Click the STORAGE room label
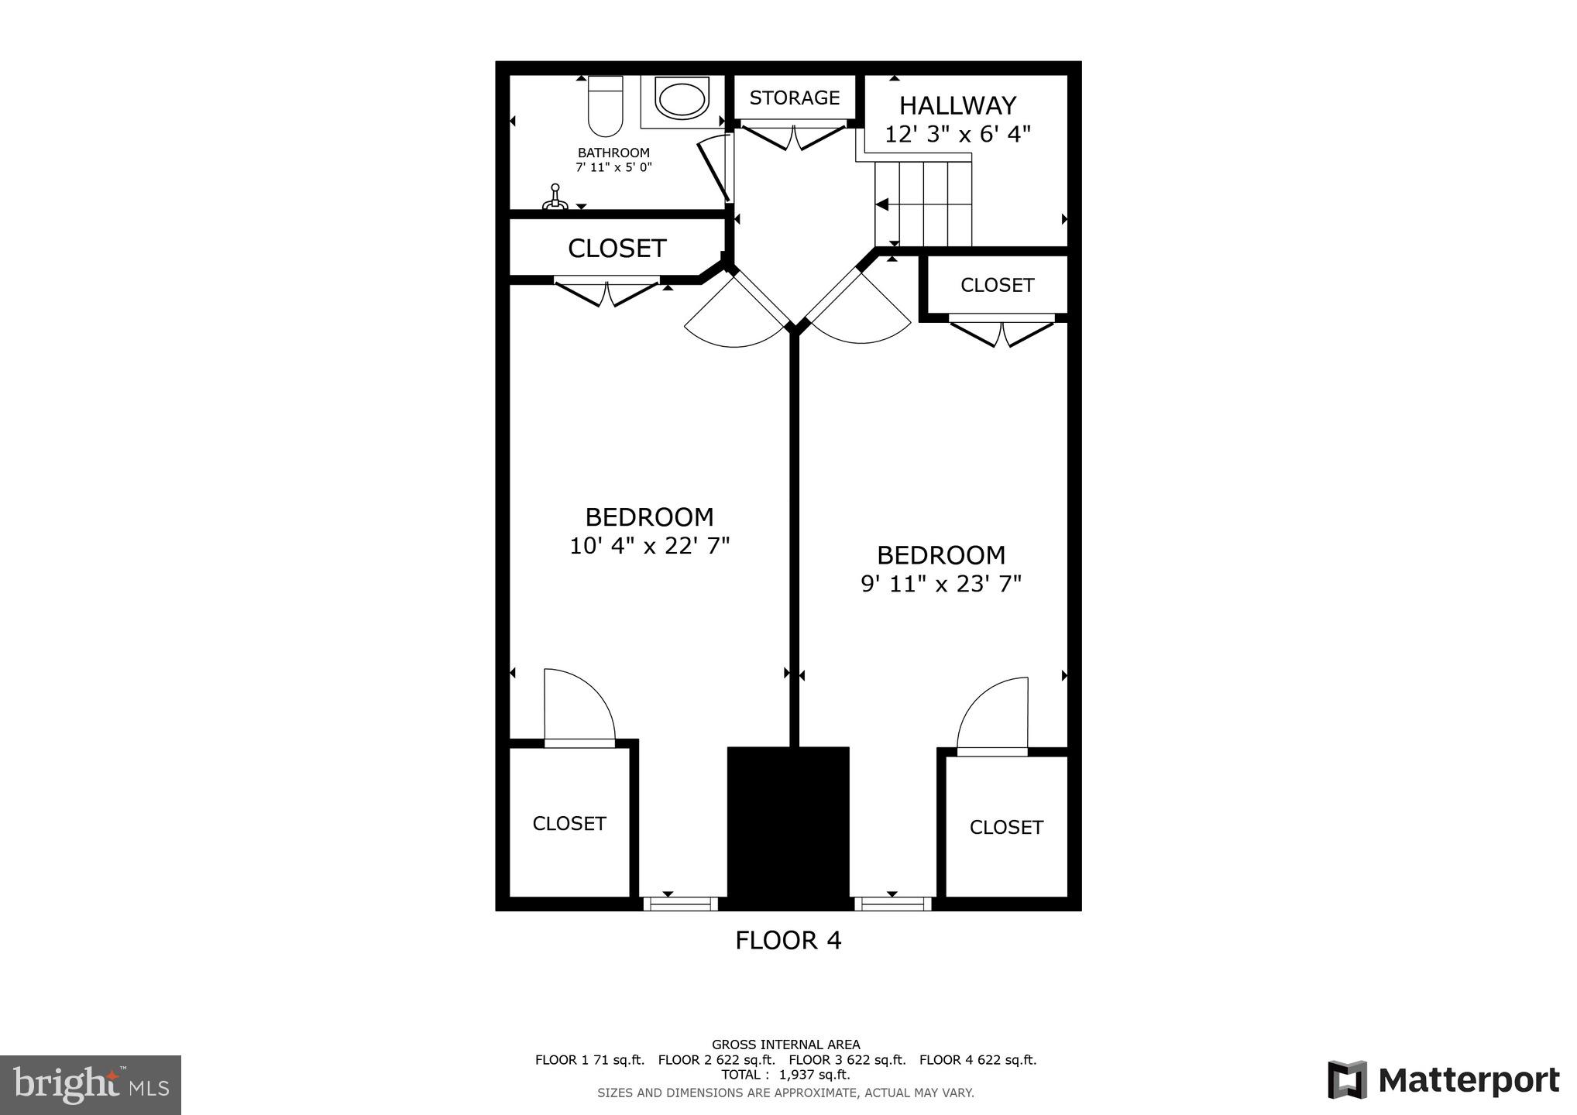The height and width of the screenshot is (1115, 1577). (x=794, y=98)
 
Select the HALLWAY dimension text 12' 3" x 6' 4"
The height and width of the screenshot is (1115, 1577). (x=957, y=135)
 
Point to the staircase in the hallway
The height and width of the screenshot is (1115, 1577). (x=923, y=203)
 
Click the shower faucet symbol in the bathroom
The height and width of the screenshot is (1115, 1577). (x=555, y=198)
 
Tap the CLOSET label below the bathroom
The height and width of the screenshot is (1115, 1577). (x=617, y=249)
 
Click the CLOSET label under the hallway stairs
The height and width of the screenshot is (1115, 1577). (x=997, y=285)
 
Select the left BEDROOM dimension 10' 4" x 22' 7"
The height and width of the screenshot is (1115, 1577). (x=649, y=546)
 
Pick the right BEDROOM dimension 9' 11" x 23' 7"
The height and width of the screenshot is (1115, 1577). (x=941, y=584)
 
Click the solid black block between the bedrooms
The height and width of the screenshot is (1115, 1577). (x=788, y=827)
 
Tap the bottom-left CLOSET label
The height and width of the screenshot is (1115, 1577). (x=569, y=824)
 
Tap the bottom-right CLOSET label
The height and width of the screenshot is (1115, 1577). (x=1005, y=828)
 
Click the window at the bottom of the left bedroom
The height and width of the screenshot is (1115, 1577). (x=681, y=904)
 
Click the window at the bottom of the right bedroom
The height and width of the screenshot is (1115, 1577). (x=892, y=904)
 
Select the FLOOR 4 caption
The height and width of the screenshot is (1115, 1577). (x=788, y=940)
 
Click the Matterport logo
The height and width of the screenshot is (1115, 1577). (x=1443, y=1080)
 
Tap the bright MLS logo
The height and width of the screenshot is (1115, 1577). (x=91, y=1084)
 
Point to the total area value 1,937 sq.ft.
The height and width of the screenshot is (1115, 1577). (x=814, y=1075)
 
